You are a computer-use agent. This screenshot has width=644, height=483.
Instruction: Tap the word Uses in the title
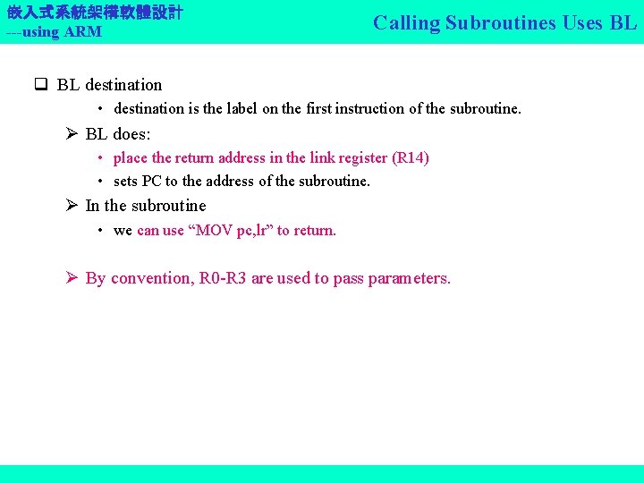tap(586, 23)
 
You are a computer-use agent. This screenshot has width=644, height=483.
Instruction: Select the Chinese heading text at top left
tap(95, 13)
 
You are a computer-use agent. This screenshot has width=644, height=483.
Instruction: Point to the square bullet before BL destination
tap(40, 85)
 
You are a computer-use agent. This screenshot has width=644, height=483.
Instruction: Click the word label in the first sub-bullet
tap(241, 108)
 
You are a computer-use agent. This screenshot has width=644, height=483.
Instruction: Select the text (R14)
tap(411, 157)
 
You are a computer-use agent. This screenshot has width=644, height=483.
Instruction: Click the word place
tap(131, 157)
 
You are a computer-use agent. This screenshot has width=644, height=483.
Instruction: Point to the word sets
tap(126, 181)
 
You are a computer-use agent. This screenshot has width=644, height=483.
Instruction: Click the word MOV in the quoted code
tap(215, 230)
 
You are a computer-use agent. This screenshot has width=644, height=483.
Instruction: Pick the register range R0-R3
tap(222, 278)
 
